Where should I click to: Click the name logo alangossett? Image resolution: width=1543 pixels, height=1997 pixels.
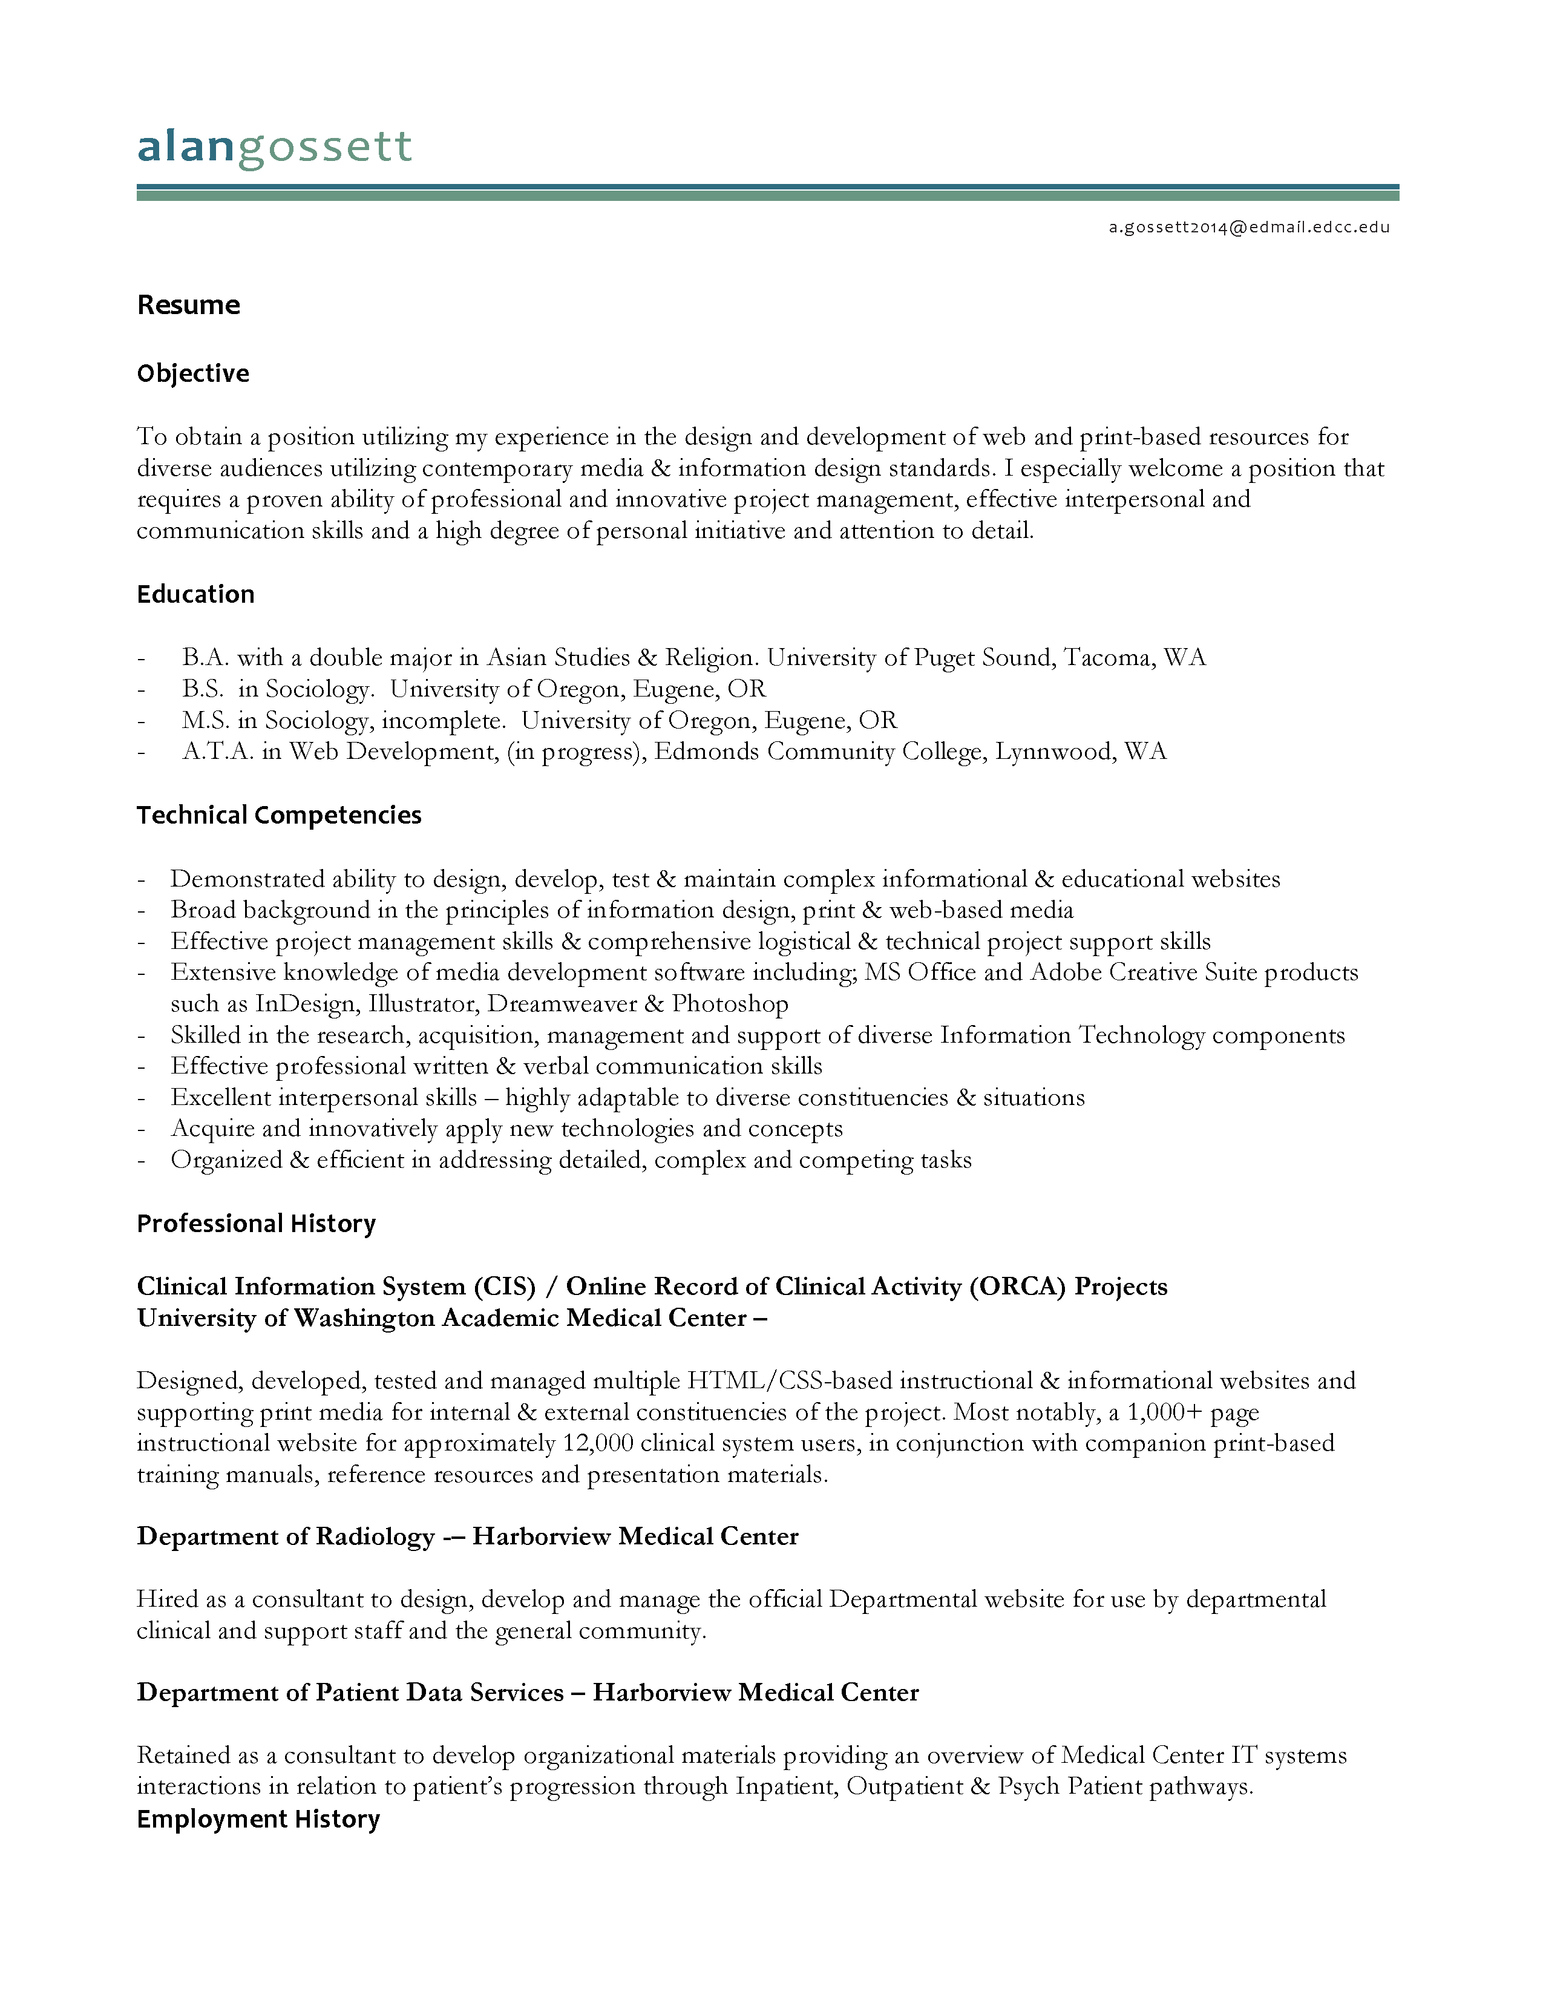point(274,147)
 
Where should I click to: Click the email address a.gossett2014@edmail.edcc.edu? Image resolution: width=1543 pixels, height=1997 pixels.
point(1249,228)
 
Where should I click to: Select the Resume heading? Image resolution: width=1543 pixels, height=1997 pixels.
point(188,304)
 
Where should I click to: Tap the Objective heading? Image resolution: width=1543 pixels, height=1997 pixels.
point(193,373)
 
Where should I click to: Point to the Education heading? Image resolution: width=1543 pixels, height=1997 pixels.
point(195,594)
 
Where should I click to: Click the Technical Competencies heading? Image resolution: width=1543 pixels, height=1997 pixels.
point(279,815)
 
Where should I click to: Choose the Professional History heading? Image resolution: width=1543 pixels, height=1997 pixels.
point(256,1224)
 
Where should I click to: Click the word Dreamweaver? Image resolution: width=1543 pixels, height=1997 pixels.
point(562,1004)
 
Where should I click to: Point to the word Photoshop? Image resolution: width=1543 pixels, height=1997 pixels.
point(730,1004)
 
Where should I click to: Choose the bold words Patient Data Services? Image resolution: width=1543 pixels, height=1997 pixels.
point(439,1693)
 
